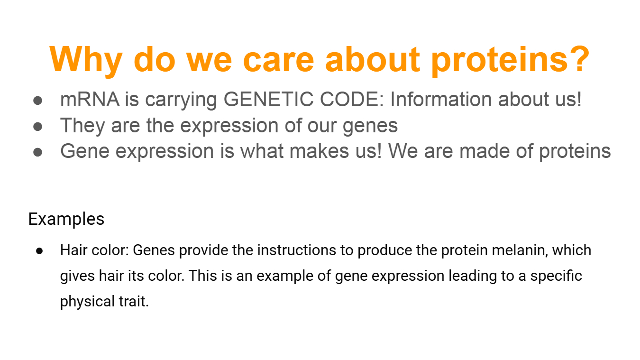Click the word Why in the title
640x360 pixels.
point(86,61)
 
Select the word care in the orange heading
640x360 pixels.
point(279,60)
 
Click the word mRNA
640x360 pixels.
point(90,100)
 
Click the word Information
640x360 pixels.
point(441,99)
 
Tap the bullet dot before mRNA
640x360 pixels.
point(38,101)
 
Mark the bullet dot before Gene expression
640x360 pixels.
point(38,152)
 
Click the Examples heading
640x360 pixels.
point(66,219)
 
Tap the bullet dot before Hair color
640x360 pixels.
point(39,251)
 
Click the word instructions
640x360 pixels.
point(297,250)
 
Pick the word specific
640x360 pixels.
point(556,277)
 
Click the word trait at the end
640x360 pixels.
point(132,302)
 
